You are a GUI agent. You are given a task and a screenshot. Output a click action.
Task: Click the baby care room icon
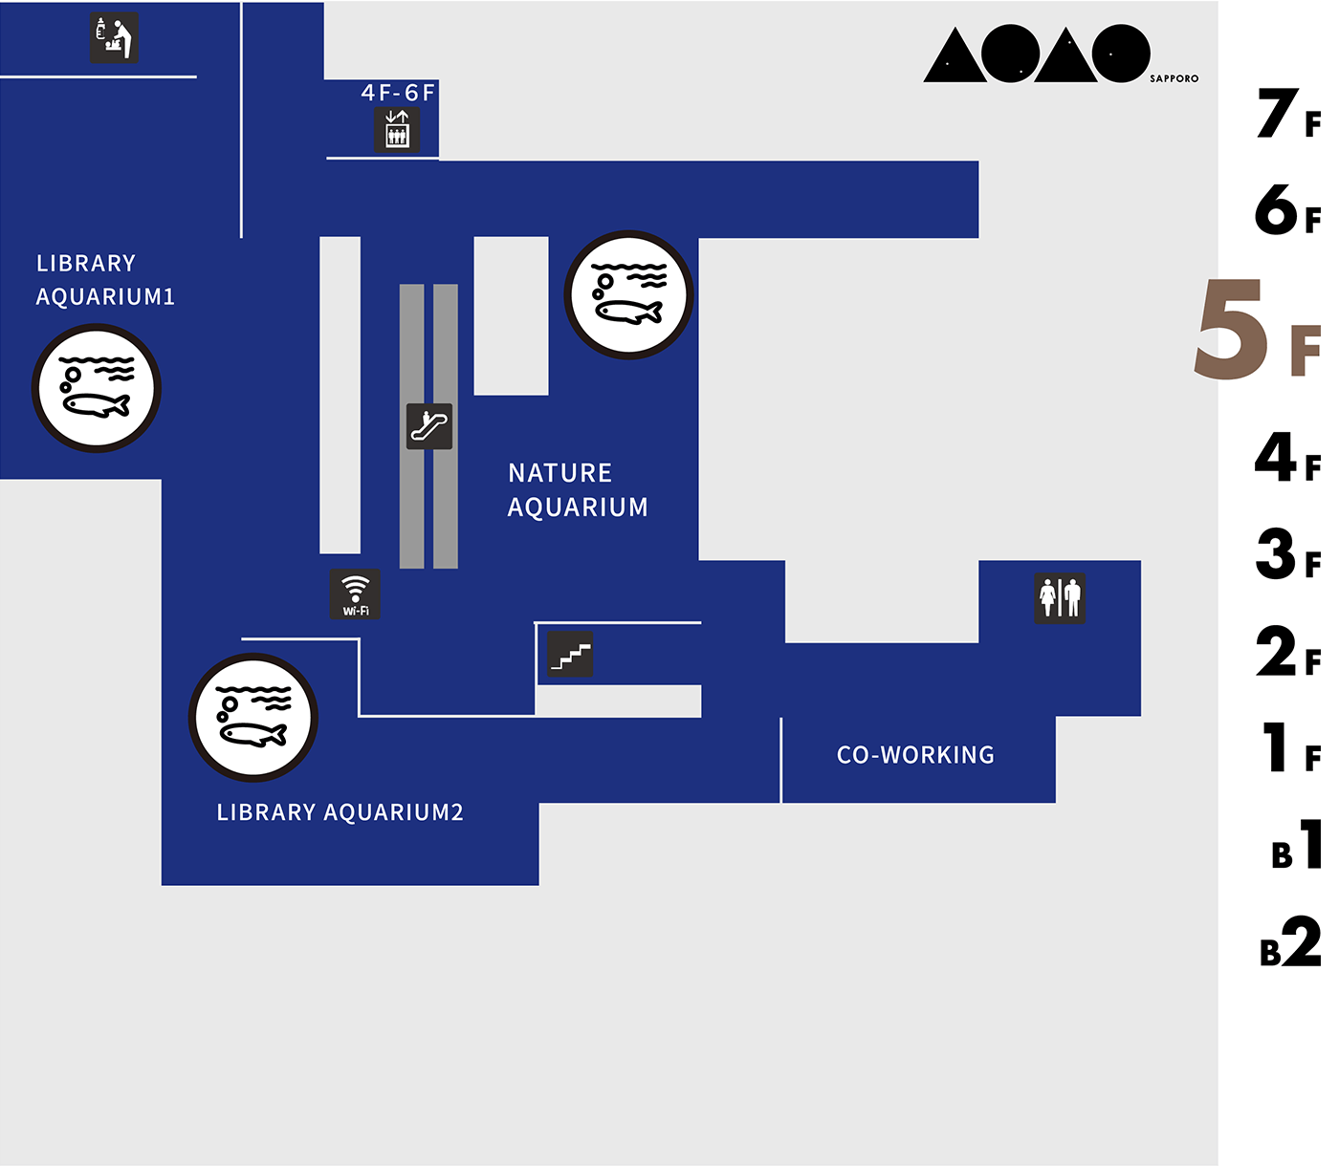[114, 37]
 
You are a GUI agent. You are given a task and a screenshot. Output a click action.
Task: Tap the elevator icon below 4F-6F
[397, 129]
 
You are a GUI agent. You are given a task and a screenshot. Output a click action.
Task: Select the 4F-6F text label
[398, 93]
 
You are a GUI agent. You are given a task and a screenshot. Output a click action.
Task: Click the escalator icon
[429, 426]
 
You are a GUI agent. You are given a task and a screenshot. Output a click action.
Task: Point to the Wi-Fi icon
[355, 594]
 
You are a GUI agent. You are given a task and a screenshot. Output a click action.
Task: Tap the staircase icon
[570, 654]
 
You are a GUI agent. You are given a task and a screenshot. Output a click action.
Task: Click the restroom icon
[1060, 598]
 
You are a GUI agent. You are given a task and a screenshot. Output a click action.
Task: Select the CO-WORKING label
[915, 755]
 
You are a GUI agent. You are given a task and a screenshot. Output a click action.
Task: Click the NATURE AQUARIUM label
[578, 489]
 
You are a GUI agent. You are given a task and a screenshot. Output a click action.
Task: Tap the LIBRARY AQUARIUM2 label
[340, 812]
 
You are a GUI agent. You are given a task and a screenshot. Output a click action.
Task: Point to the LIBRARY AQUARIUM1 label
[105, 280]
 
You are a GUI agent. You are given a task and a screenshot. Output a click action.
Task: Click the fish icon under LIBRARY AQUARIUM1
[97, 388]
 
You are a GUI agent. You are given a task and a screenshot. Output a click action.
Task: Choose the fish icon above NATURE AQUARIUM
[628, 295]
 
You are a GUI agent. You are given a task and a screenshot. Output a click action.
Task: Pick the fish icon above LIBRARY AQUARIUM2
[253, 718]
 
